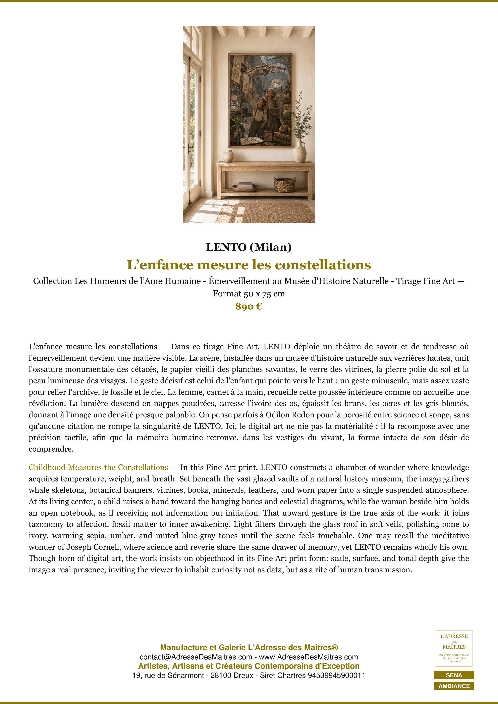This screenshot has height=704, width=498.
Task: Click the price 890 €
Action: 249,306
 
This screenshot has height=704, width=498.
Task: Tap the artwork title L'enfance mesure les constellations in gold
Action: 249,265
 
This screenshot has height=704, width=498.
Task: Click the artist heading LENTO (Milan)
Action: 249,247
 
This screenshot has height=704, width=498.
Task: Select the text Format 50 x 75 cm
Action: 249,294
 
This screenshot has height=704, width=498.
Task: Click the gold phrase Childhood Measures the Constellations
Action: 98,467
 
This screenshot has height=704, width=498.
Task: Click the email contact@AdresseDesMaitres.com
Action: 196,657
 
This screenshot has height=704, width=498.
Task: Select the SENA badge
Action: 454,675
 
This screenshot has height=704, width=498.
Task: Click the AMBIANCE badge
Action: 454,686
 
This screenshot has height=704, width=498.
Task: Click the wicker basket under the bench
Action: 285,185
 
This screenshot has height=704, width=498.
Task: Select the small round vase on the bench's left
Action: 228,156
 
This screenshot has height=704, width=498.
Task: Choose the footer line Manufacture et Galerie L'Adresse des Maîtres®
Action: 249,648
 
